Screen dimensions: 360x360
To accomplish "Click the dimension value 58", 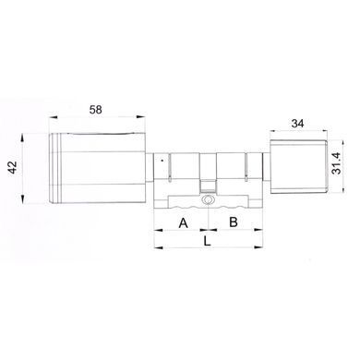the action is [95, 109].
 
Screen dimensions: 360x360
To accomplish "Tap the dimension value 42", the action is [13, 167].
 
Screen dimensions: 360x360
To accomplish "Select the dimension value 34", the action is [297, 124].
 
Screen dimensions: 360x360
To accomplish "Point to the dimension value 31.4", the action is [338, 163].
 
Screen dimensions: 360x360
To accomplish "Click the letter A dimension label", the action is [184, 222].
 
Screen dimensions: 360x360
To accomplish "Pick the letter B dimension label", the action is [234, 222].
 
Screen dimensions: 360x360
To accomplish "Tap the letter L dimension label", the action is [208, 241].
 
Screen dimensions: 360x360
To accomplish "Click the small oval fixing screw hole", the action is [208, 200].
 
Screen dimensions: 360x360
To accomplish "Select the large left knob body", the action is [97, 168].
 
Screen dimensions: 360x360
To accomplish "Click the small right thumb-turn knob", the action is [298, 166].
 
